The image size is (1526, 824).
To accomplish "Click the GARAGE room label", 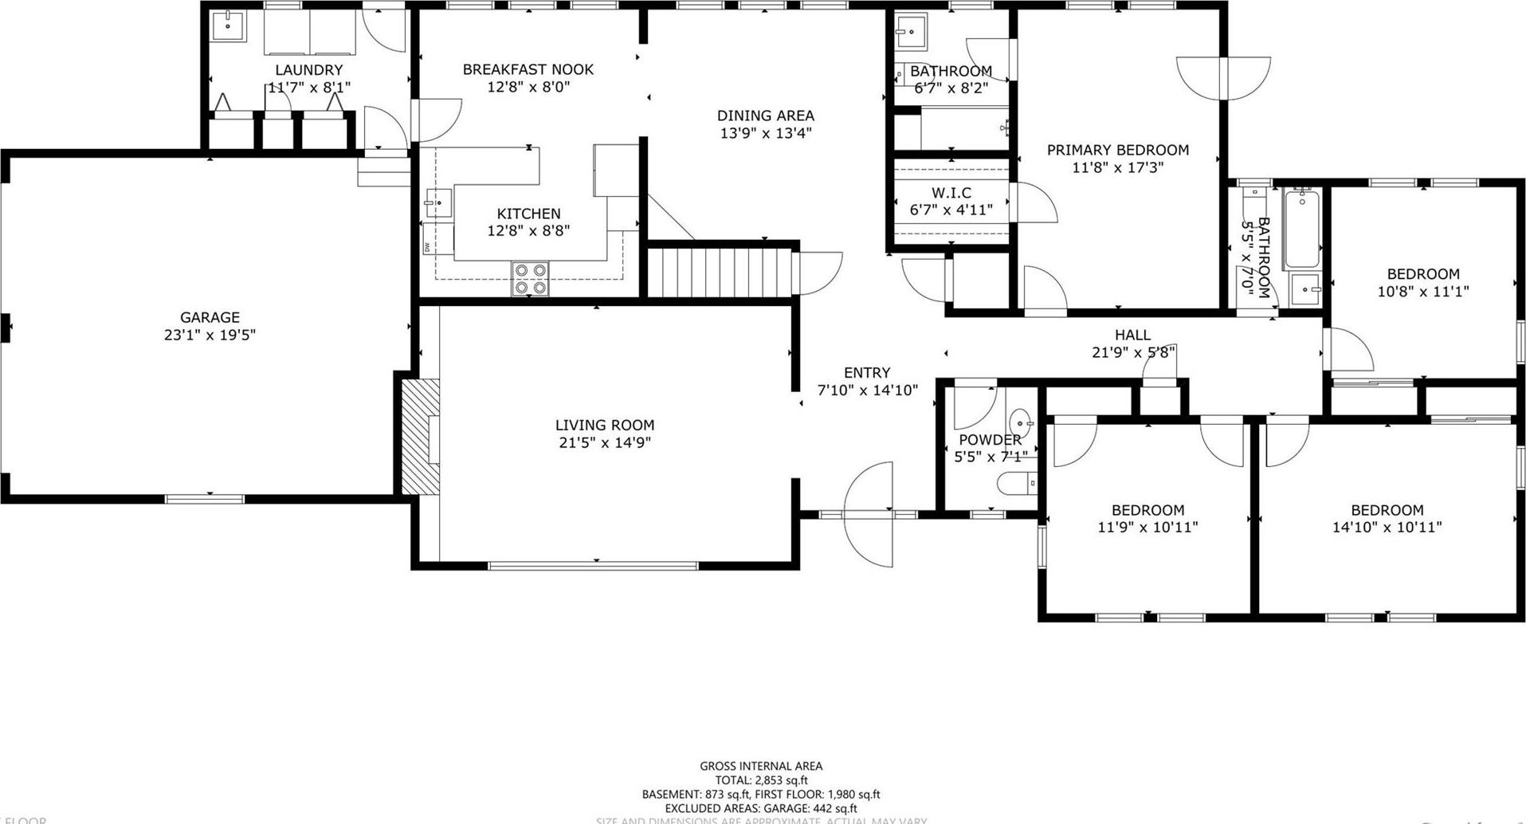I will (210, 317).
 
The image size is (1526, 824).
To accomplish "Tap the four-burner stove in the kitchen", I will (530, 279).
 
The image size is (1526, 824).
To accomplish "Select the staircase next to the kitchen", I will (720, 273).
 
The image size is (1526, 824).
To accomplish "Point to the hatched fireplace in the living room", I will (420, 437).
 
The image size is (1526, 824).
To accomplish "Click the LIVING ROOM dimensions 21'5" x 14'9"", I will (605, 443).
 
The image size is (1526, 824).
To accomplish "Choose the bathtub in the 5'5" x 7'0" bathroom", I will (1301, 228).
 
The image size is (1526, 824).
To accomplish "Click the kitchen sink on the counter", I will (437, 203).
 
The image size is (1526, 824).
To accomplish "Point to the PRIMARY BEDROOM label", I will (1117, 150).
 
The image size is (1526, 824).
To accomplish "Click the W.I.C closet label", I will (951, 193).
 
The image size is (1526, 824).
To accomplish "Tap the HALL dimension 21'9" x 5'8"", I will (1133, 352).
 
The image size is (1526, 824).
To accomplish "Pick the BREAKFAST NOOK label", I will (528, 69).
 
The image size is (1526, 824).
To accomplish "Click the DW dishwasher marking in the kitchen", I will (427, 247).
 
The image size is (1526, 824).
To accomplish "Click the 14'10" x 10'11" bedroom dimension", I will (1387, 528).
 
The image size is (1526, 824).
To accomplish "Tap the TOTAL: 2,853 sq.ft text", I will (761, 780).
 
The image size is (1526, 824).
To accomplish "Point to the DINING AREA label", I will (765, 116).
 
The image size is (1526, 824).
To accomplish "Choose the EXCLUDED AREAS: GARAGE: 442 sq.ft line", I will (761, 808).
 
